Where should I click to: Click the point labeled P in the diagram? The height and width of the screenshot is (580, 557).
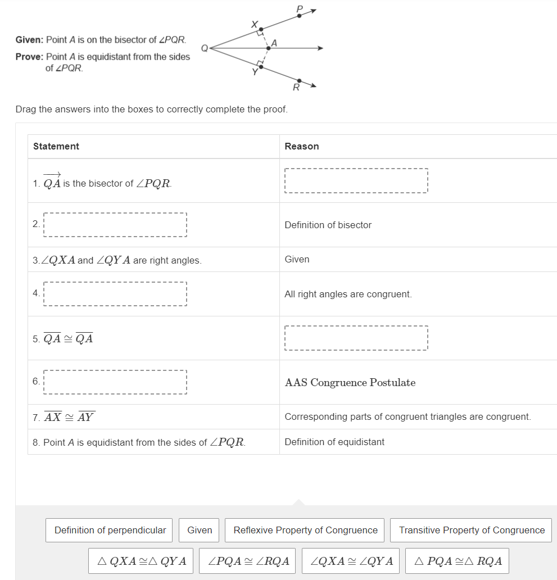click(299, 16)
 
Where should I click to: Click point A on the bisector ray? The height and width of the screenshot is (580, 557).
click(268, 48)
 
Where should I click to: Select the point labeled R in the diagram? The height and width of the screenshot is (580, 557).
click(298, 81)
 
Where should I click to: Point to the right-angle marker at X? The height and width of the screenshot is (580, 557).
click(259, 34)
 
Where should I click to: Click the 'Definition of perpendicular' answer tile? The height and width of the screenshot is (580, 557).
click(110, 530)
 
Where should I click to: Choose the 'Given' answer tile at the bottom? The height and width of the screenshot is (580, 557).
click(200, 530)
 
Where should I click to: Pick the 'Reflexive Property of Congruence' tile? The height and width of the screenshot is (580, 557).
click(305, 530)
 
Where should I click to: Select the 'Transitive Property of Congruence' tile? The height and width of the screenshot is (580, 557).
click(472, 530)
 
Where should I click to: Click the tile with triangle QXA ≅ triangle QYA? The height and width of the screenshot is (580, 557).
click(141, 561)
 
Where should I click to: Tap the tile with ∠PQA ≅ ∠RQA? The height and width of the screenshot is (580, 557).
click(248, 561)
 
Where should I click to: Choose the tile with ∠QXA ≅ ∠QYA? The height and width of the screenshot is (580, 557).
click(351, 561)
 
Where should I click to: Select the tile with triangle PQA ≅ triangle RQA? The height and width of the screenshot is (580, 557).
click(457, 561)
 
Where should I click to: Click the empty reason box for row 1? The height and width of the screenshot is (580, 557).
click(356, 181)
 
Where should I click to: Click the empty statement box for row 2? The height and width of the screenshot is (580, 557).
click(115, 225)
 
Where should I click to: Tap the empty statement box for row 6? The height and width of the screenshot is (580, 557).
click(115, 382)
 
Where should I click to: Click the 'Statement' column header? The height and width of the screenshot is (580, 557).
click(56, 146)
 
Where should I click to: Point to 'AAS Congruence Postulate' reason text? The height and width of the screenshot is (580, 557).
click(350, 383)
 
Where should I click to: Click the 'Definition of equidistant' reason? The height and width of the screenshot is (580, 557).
click(334, 442)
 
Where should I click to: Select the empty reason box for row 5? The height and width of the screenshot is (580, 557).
click(356, 338)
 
